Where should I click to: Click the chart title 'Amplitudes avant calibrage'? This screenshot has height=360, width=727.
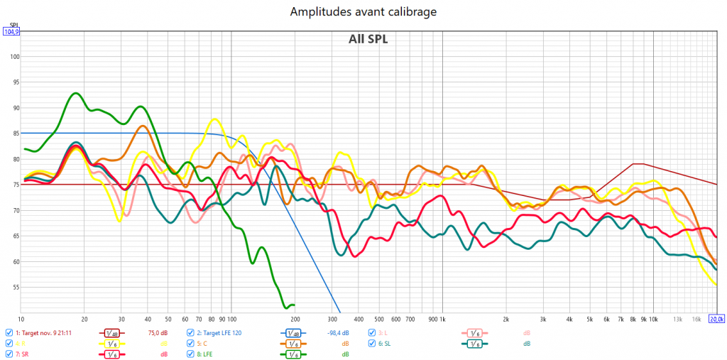tap(363, 11)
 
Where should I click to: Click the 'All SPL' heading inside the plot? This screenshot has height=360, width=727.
tap(368, 39)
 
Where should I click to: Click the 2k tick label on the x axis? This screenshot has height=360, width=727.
tap(505, 318)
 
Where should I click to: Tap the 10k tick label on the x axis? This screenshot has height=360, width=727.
tap(653, 318)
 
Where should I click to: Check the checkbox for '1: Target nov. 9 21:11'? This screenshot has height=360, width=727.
tap(9, 332)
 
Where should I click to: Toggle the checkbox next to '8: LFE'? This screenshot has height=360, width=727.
tap(190, 354)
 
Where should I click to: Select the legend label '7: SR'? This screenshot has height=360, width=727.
tap(22, 354)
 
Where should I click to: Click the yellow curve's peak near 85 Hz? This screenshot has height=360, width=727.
tap(216, 119)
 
